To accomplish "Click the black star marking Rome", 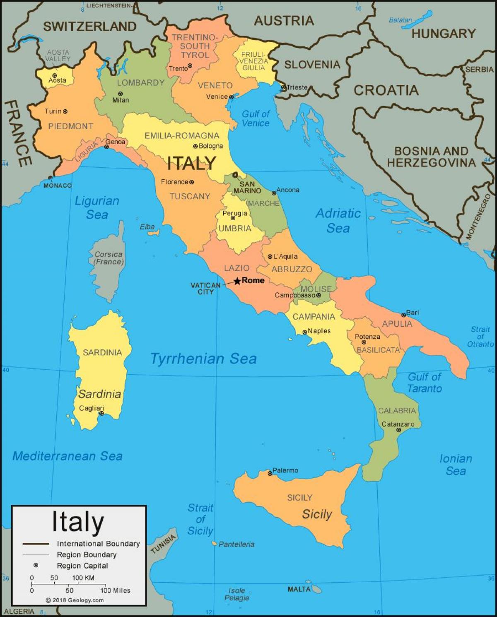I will pos(237,281).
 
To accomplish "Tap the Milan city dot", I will pos(120,94).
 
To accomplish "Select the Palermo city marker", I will pos(270,473).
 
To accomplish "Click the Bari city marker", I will pos(404,315).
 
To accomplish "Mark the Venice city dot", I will pos(231,97).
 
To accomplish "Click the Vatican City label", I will pos(205,288).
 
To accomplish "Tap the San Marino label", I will pos(247,188).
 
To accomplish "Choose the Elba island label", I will pos(147,227).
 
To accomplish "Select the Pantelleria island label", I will pos(236,544).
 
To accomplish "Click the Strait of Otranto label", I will pos(480,336).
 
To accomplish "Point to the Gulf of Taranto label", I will pos(425,382).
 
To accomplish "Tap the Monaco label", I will pos(58,185).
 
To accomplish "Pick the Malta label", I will pos(299,589).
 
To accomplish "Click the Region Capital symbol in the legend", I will pos(36,565).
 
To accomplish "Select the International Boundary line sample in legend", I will pos(36,544).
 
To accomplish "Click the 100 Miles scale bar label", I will pos(115,590).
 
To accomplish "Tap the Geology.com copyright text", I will pos(75,600).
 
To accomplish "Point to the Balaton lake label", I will pos(400,20).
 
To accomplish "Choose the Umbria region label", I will pos(235,228).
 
